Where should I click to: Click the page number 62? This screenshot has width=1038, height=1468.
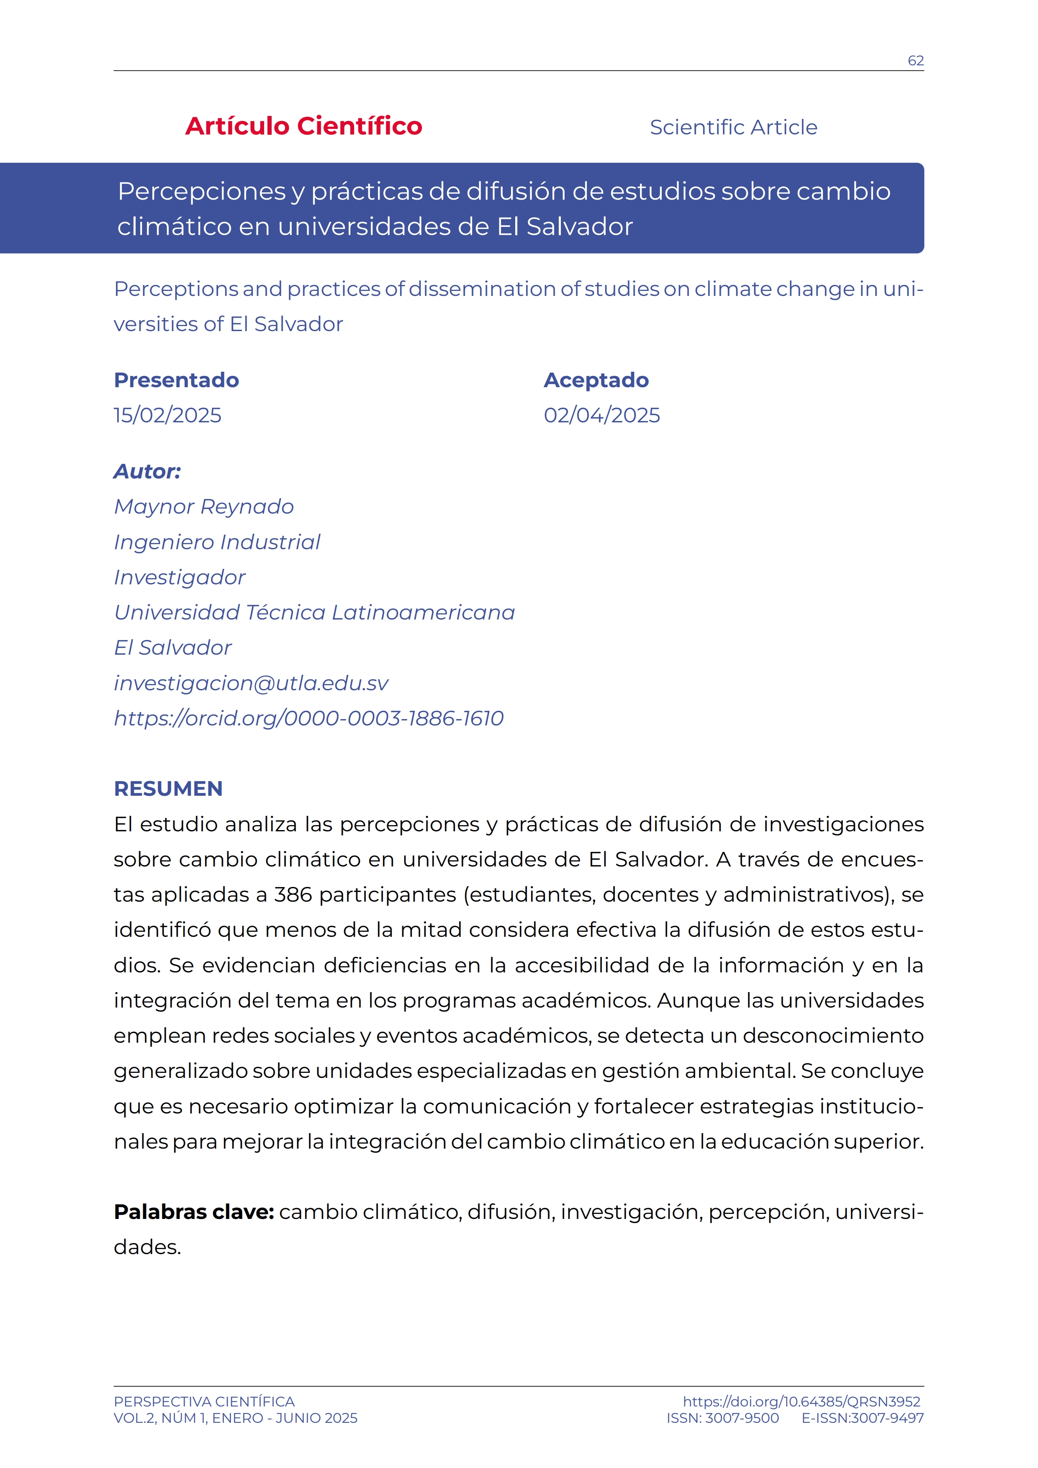tap(915, 61)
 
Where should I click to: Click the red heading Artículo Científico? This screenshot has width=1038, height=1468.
tap(303, 126)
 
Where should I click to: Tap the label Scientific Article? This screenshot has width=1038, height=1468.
tap(733, 127)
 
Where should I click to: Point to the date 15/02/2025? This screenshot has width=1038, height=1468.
tap(167, 415)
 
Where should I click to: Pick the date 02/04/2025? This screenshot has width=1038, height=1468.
tap(601, 415)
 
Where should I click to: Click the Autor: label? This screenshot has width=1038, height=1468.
tap(147, 471)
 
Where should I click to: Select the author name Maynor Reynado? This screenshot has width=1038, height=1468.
tap(204, 506)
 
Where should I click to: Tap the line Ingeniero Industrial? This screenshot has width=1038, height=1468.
tap(217, 542)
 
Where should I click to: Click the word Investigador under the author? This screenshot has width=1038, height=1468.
tap(180, 577)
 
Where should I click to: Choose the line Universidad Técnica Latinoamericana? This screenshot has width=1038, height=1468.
tap(314, 612)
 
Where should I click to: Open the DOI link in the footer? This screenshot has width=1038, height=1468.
tap(801, 1401)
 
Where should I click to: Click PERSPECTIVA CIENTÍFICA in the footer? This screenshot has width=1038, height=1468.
tap(204, 1401)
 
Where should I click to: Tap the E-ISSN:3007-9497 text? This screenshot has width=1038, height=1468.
tap(862, 1418)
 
